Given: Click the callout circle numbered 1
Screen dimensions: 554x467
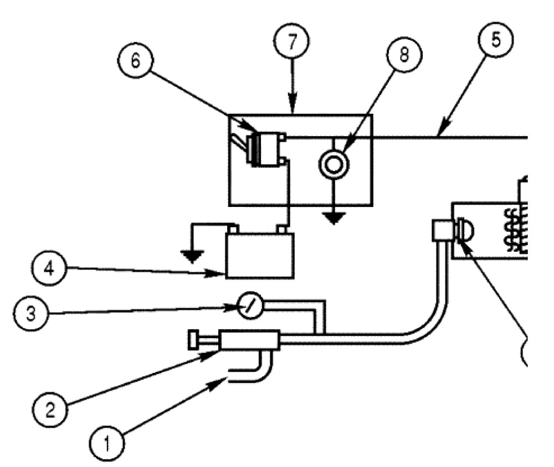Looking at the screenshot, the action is click(x=107, y=443).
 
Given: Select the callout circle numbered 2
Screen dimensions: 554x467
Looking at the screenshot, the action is click(x=50, y=409).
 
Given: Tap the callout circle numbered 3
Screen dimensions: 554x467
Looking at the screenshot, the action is click(x=30, y=313).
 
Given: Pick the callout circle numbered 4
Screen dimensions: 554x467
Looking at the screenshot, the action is click(x=49, y=268).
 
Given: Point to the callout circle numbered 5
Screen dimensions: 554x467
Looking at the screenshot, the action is click(x=496, y=40).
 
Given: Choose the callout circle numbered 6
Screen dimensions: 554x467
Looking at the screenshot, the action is click(x=135, y=61).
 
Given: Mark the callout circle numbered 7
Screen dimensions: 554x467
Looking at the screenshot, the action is click(x=291, y=41).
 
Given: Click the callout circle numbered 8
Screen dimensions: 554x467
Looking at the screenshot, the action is click(x=404, y=54).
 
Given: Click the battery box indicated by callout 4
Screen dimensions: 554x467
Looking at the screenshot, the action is click(x=260, y=256).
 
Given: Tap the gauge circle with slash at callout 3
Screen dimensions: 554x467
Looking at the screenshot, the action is click(x=250, y=305).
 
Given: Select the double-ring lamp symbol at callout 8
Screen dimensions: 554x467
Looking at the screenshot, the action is click(x=334, y=164).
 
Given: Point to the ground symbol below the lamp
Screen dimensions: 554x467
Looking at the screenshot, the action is click(x=334, y=218).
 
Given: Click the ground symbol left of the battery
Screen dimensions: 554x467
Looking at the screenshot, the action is click(x=192, y=257).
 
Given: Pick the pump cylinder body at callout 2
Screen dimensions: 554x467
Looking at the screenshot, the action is click(x=249, y=340).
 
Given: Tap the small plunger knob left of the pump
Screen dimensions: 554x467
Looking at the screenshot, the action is click(x=193, y=340).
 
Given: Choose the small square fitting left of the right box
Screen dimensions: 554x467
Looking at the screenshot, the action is click(x=442, y=230).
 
